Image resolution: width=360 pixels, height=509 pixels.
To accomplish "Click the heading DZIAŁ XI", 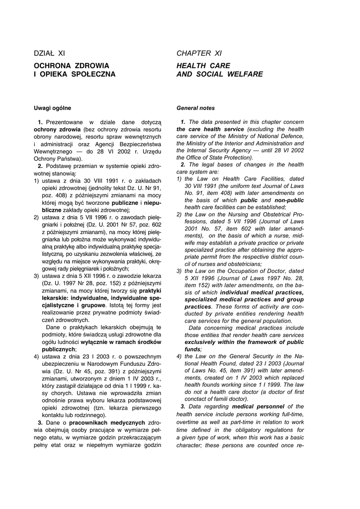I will [49, 53].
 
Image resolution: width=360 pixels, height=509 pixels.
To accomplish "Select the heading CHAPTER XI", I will [199, 53].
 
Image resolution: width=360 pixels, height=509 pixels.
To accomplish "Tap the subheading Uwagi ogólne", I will [52, 108].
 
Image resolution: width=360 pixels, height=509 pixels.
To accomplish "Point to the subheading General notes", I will [196, 108].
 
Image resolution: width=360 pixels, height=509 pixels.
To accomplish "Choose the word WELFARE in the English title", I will [243, 74].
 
